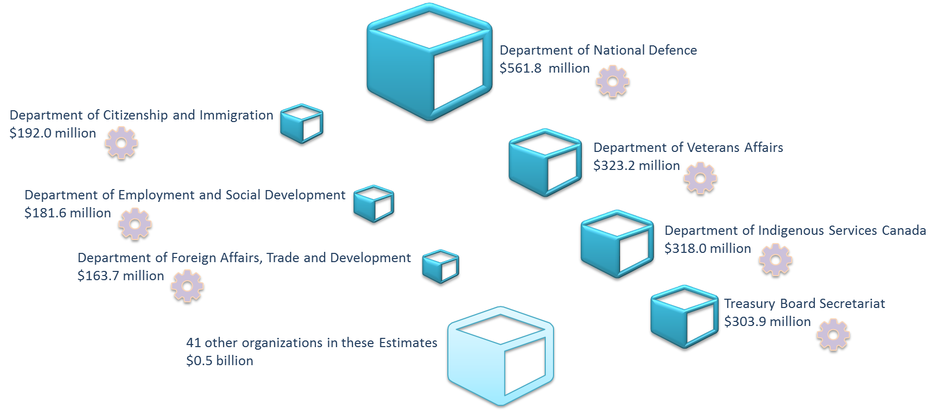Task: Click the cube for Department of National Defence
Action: [429, 62]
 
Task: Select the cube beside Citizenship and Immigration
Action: [301, 123]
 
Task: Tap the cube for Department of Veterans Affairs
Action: [545, 162]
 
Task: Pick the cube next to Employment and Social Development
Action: [373, 203]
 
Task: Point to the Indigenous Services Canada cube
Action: [616, 244]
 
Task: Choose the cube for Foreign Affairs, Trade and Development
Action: [440, 266]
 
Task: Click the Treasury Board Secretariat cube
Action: [684, 316]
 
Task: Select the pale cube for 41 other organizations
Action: [500, 355]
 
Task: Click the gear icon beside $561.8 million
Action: [613, 81]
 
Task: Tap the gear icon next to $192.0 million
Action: [121, 143]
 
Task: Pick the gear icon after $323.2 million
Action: [700, 178]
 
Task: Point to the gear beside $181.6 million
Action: [135, 224]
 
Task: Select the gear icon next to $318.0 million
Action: [775, 260]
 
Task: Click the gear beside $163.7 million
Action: [187, 285]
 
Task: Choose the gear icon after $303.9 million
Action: [833, 335]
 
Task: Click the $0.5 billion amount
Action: [220, 361]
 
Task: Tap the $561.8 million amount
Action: [544, 68]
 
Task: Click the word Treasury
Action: [742, 304]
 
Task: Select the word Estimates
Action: [408, 343]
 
